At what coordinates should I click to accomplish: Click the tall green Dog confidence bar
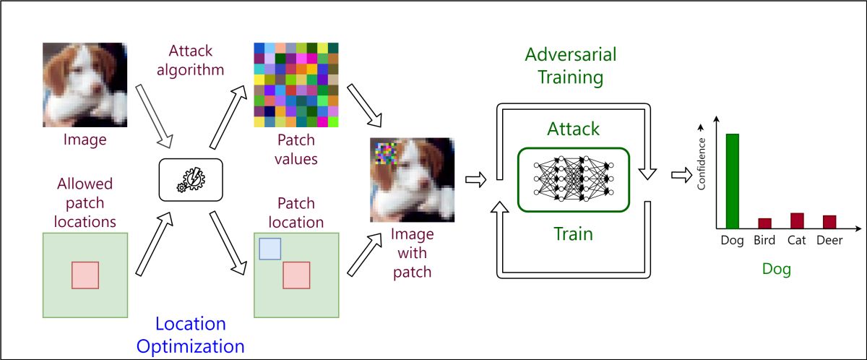733,181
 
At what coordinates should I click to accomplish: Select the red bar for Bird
764,223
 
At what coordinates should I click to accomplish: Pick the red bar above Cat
797,220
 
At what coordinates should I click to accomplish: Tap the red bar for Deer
829,221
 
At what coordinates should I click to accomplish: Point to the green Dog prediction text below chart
777,270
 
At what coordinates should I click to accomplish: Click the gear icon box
190,179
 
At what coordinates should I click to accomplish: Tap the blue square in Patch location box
269,248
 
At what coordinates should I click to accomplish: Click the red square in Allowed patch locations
85,275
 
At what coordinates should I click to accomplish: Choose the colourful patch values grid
296,85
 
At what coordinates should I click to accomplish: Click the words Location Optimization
191,335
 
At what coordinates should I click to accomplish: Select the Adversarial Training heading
571,67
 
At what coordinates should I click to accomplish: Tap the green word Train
573,233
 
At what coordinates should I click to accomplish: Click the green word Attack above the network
573,129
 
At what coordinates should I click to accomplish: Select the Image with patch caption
412,253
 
